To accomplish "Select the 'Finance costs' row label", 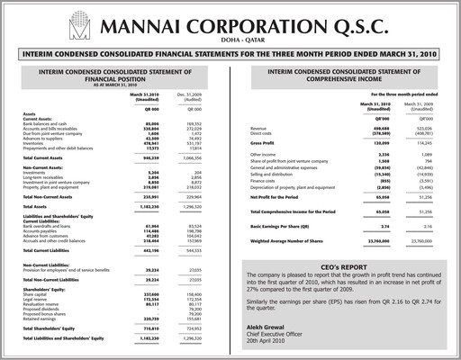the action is (x=267, y=182).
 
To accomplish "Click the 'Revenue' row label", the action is (x=261, y=129).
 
